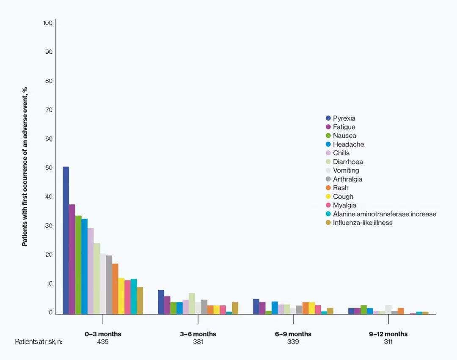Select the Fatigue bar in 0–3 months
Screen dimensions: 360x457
(72, 259)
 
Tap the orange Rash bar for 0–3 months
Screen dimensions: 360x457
(115, 289)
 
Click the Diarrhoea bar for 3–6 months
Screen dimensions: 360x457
(192, 303)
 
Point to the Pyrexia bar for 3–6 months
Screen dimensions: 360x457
(161, 302)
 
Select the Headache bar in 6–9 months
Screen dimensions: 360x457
(275, 308)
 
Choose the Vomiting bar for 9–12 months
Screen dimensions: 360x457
(388, 309)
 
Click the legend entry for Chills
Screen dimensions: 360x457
(341, 153)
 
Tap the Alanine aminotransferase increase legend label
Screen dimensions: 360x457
(384, 214)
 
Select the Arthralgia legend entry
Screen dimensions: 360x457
(347, 179)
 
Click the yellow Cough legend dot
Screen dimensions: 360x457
(328, 197)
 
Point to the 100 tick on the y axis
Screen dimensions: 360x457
(48, 23)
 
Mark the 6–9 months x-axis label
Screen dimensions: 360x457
(293, 334)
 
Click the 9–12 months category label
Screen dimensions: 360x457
(388, 334)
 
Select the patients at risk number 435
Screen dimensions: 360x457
(103, 342)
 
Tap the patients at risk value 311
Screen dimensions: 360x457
(388, 342)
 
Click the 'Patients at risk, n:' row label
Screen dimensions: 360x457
(39, 342)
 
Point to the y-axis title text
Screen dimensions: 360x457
(25, 167)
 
